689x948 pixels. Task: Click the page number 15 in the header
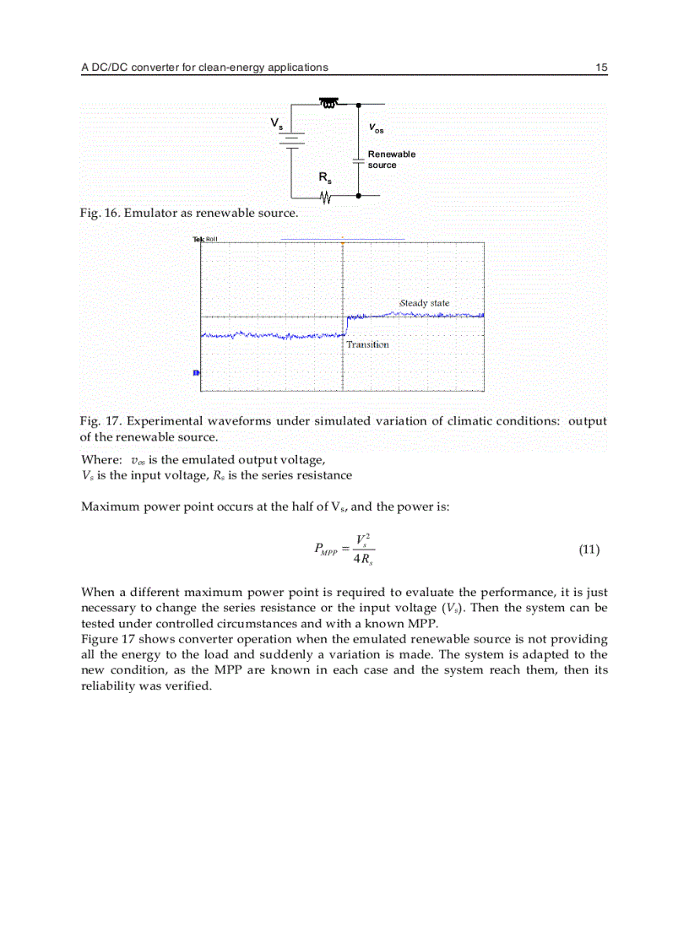pyautogui.click(x=601, y=68)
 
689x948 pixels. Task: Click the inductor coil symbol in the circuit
pyautogui.click(x=328, y=104)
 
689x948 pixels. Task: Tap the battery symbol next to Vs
pyautogui.click(x=292, y=139)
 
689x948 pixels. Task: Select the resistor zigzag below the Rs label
pyautogui.click(x=326, y=197)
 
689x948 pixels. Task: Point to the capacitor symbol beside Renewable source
pyautogui.click(x=359, y=160)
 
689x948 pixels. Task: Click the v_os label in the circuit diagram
pyautogui.click(x=376, y=129)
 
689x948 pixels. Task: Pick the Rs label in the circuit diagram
pyautogui.click(x=324, y=178)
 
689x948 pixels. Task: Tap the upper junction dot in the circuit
pyautogui.click(x=359, y=105)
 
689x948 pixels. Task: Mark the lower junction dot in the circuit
pyautogui.click(x=359, y=196)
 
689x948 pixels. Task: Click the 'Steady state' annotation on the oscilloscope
pyautogui.click(x=424, y=303)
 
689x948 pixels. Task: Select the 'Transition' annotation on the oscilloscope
pyautogui.click(x=367, y=344)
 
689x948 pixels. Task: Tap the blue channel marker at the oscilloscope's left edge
pyautogui.click(x=197, y=372)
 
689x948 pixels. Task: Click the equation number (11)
pyautogui.click(x=589, y=550)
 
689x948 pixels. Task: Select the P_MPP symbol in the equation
pyautogui.click(x=325, y=550)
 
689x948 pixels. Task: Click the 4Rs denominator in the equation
pyautogui.click(x=364, y=560)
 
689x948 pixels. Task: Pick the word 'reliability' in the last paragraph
pyautogui.click(x=106, y=685)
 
